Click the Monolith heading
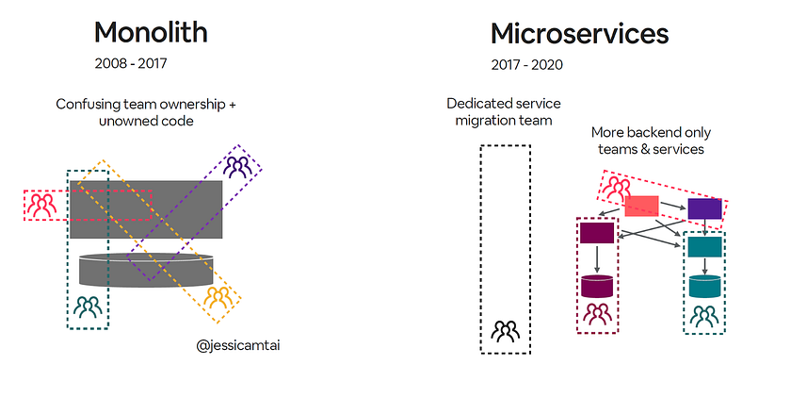pyautogui.click(x=151, y=33)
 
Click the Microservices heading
pyautogui.click(x=580, y=34)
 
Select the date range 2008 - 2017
pyautogui.click(x=131, y=63)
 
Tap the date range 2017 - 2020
pyautogui.click(x=527, y=65)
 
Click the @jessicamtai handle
pyautogui.click(x=238, y=346)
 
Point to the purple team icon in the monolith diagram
pyautogui.click(x=237, y=167)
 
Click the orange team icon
pyautogui.click(x=218, y=297)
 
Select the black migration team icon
pyautogui.click(x=506, y=331)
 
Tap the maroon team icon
pyautogui.click(x=597, y=314)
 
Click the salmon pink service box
pyautogui.click(x=641, y=206)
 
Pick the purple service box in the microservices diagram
pyautogui.click(x=704, y=208)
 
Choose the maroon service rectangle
pyautogui.click(x=597, y=233)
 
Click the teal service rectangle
pyautogui.click(x=705, y=247)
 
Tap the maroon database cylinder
pyautogui.click(x=597, y=286)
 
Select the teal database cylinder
pyautogui.click(x=705, y=286)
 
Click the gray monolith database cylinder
pyautogui.click(x=146, y=271)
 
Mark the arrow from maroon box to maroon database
pyautogui.click(x=597, y=258)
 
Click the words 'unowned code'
pyautogui.click(x=146, y=122)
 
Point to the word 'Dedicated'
pyautogui.click(x=476, y=104)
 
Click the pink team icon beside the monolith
pyautogui.click(x=41, y=205)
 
